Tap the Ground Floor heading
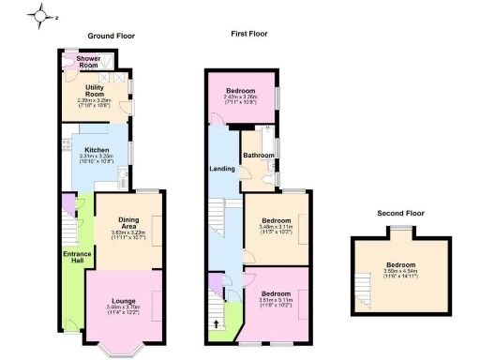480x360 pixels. pos(112,36)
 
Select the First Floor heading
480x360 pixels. pos(252,33)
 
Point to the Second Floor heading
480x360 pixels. pos(401,213)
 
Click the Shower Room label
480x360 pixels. pos(89,62)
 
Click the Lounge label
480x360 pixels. pos(125,300)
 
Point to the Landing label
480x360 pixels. pos(221,169)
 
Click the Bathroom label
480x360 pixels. pos(258,155)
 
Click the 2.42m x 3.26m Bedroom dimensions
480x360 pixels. pos(240,99)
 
